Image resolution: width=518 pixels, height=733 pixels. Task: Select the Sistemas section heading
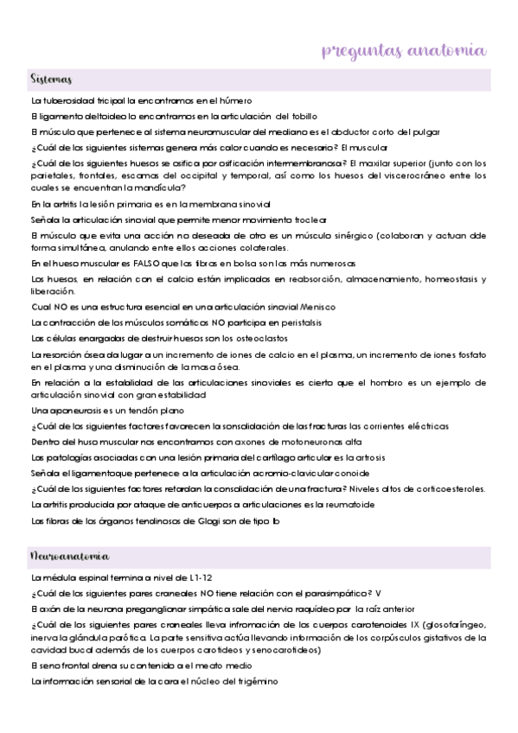coord(51,80)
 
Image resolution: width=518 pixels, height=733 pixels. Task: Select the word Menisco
coord(318,307)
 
